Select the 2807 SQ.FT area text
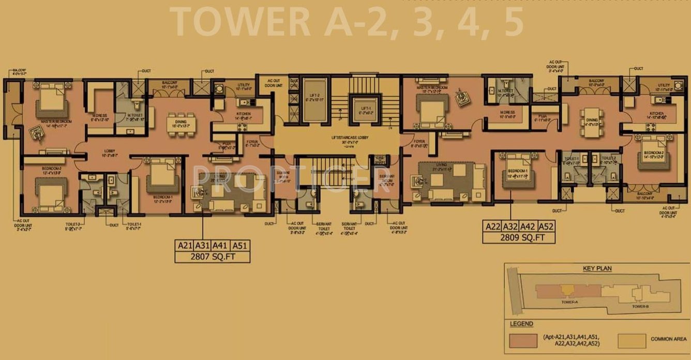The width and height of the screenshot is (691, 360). [212, 257]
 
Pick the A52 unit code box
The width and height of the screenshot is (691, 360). [546, 226]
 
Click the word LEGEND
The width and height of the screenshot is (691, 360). [521, 324]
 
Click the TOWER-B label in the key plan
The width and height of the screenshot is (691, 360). [640, 306]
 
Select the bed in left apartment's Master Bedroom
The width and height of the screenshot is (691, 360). [52, 104]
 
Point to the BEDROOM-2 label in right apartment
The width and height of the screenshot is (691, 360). [653, 153]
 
